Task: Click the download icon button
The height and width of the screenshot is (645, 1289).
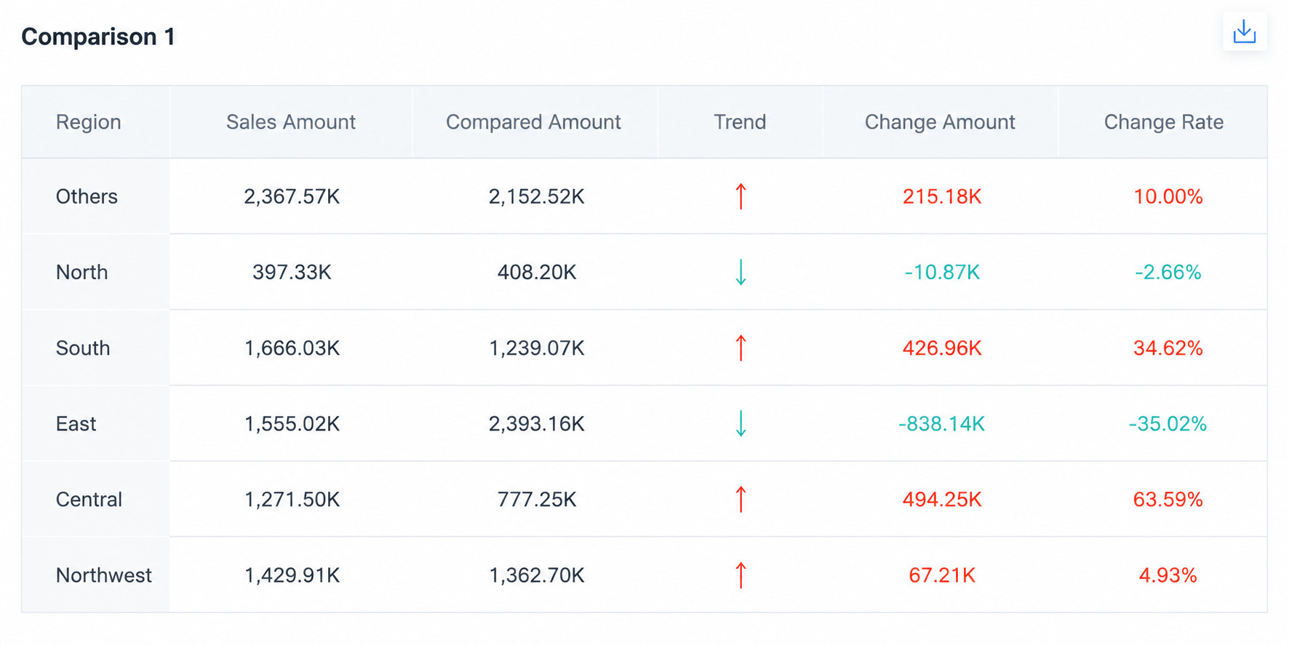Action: point(1245,32)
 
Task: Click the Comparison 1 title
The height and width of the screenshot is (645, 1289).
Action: point(98,36)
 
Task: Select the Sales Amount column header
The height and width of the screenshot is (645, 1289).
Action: point(291,121)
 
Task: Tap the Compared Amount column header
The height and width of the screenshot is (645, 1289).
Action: point(533,121)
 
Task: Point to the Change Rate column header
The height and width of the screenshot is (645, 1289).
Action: point(1164,121)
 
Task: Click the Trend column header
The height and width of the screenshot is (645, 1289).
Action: point(740,121)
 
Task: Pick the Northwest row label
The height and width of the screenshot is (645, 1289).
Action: point(104,575)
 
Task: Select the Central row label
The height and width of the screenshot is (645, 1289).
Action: point(89,500)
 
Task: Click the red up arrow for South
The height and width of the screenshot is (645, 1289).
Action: point(741,348)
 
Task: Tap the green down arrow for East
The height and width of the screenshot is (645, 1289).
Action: point(741,423)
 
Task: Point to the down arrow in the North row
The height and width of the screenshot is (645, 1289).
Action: point(741,272)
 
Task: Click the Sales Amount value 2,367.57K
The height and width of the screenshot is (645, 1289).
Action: point(292,197)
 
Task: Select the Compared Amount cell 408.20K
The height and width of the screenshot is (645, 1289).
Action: point(537,273)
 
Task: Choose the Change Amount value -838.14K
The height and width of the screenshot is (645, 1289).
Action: point(941,424)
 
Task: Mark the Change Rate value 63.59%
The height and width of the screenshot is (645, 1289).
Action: point(1168,500)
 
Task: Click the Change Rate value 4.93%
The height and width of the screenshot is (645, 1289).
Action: point(1168,575)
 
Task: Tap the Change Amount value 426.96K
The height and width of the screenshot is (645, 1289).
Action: point(942,348)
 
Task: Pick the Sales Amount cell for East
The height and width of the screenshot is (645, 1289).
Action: point(292,424)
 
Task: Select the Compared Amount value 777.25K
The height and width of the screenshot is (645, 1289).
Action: point(537,500)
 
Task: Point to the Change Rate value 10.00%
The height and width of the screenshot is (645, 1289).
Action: point(1168,197)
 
